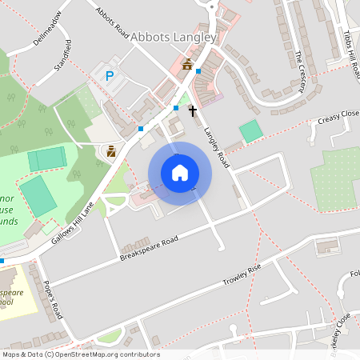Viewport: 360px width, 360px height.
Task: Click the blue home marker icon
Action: (180, 173)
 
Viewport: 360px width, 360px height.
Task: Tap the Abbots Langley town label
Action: (174, 38)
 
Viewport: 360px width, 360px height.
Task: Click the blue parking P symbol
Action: (110, 76)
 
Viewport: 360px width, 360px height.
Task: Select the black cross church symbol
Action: (193, 110)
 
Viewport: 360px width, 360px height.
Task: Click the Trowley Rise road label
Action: (242, 277)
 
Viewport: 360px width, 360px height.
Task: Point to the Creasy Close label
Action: (338, 117)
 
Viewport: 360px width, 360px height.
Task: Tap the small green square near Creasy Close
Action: (250, 131)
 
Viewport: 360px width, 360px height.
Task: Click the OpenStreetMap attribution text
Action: (80, 354)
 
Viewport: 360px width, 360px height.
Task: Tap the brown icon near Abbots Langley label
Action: (187, 64)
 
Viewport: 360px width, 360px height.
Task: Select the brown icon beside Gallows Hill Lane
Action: (111, 150)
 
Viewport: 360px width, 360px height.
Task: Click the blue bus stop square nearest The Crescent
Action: (198, 71)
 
